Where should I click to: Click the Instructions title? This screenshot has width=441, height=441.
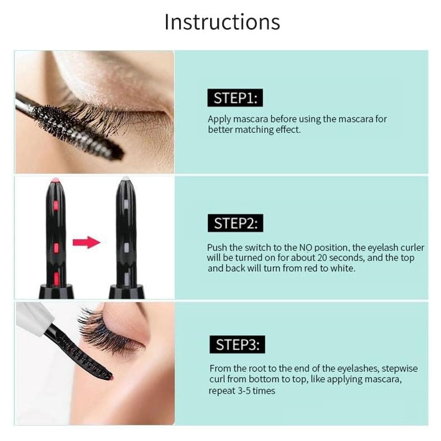point(222,22)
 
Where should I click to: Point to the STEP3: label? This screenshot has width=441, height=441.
point(236,345)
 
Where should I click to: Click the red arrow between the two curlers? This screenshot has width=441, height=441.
point(86,241)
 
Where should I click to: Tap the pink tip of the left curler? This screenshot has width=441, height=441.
point(55,181)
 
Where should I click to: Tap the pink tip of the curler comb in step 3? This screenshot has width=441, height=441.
point(110,378)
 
